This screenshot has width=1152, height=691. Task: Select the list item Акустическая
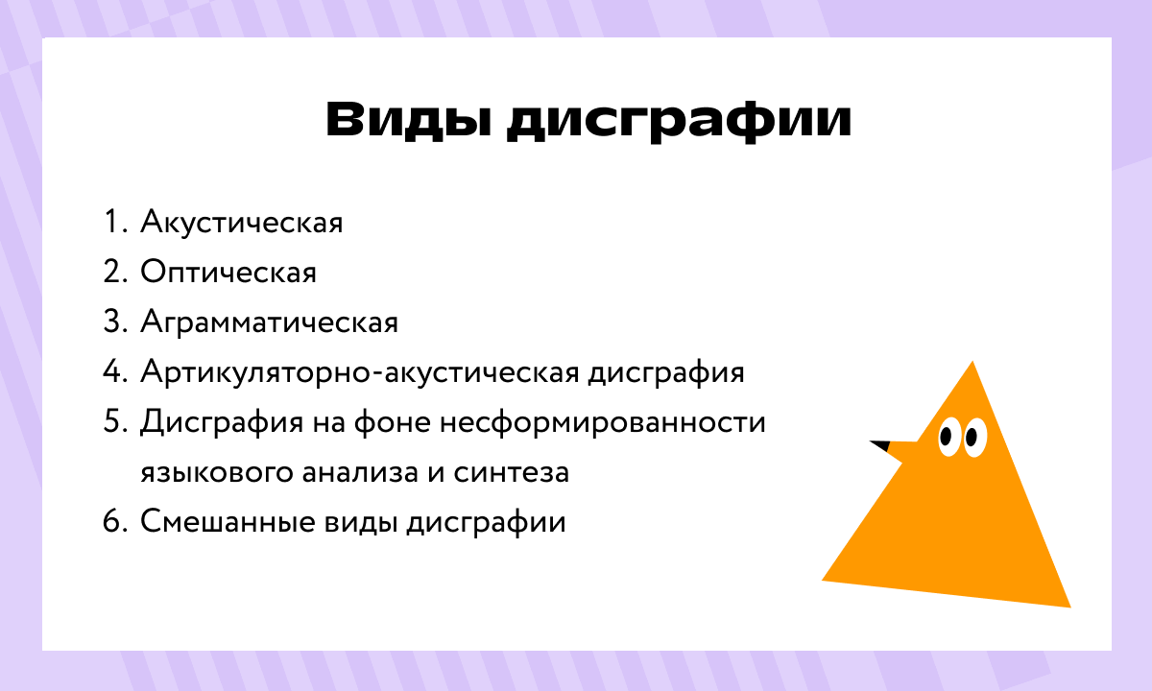242,223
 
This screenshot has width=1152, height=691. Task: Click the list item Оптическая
228,273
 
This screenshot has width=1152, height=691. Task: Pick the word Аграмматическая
269,322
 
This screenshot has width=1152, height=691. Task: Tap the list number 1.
113,223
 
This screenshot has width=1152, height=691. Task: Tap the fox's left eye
947,437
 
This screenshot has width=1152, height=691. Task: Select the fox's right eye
972,437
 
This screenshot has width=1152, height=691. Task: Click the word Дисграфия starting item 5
211,422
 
